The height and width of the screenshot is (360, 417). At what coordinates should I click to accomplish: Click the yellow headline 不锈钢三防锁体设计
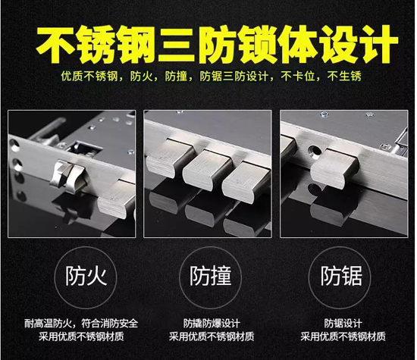(x=217, y=44)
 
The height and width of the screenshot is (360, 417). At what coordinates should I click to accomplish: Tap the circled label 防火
(x=86, y=276)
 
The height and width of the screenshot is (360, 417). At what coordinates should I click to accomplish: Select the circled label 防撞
(x=210, y=276)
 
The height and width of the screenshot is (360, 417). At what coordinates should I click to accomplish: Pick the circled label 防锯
(x=341, y=276)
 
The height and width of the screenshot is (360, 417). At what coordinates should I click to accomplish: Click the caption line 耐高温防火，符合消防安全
(x=81, y=324)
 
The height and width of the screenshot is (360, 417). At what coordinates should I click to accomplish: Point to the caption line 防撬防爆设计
(x=212, y=324)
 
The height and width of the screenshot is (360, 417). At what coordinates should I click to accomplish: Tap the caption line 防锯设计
(x=343, y=324)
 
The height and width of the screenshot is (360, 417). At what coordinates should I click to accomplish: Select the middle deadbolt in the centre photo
(x=207, y=169)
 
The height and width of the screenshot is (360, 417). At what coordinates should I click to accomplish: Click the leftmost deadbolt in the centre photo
(x=170, y=157)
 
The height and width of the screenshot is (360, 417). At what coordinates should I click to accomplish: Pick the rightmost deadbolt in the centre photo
(x=246, y=181)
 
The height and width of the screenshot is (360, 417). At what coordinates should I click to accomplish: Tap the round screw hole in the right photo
(x=315, y=152)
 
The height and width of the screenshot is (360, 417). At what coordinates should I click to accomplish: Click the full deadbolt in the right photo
(x=334, y=168)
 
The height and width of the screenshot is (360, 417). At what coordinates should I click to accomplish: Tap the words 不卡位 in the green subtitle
(x=298, y=77)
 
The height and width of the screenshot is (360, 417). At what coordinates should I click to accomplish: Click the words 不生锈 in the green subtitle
(x=344, y=77)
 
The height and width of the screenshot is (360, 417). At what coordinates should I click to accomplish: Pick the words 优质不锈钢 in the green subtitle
(x=89, y=77)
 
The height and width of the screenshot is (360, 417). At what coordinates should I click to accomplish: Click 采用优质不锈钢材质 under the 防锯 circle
(x=343, y=337)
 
